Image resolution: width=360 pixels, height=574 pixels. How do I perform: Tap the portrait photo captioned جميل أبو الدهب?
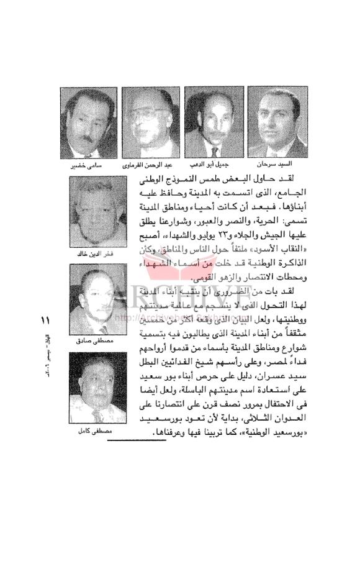click(215, 122)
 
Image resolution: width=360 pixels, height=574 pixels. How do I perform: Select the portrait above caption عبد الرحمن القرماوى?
click(153, 122)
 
